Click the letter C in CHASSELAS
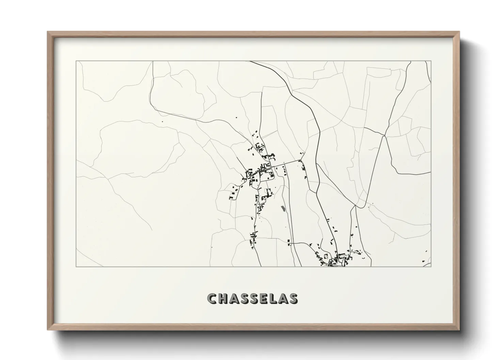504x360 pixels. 212,298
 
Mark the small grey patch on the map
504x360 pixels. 282,208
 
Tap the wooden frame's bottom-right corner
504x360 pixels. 459,330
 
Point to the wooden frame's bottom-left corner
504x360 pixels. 48,330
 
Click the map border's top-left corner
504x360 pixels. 76,61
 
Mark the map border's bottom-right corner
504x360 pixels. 431,267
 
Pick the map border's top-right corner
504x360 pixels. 431,61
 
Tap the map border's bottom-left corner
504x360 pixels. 76,267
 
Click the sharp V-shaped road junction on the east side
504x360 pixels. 384,136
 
